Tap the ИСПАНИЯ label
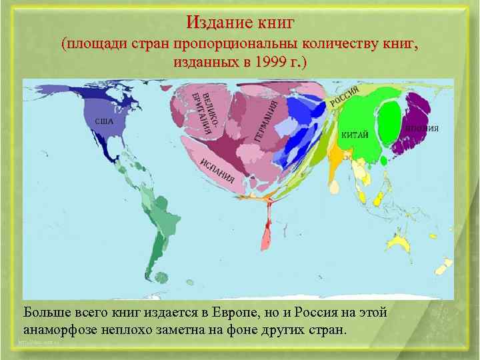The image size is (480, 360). point(217,169)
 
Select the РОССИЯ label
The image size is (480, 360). point(345,97)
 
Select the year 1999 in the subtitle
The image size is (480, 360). point(272,63)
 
